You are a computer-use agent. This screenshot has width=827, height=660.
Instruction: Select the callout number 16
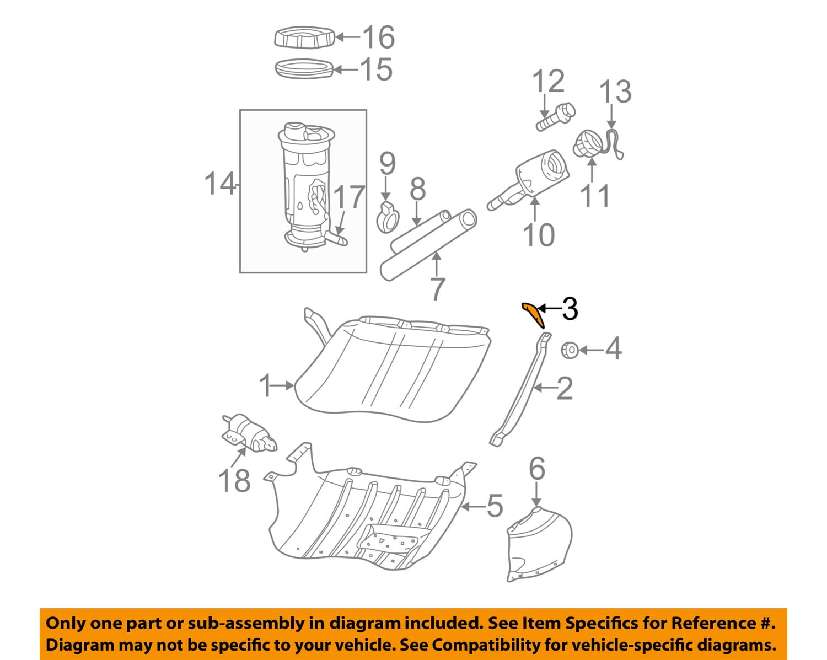(x=378, y=37)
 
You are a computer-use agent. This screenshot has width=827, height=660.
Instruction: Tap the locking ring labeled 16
(x=305, y=38)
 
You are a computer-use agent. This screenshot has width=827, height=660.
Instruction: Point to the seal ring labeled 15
(x=304, y=69)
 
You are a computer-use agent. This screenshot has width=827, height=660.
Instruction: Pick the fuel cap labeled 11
(x=588, y=143)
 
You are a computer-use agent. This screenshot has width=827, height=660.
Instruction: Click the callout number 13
(x=615, y=92)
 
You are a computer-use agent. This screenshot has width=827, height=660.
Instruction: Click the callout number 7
(x=437, y=288)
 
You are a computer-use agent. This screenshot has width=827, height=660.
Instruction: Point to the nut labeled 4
(x=570, y=350)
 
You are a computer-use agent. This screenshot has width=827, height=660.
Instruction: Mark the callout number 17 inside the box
(x=350, y=197)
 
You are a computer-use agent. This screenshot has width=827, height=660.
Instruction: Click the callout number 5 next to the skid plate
(x=495, y=506)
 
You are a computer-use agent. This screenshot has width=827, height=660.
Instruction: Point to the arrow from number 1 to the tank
(x=285, y=386)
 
